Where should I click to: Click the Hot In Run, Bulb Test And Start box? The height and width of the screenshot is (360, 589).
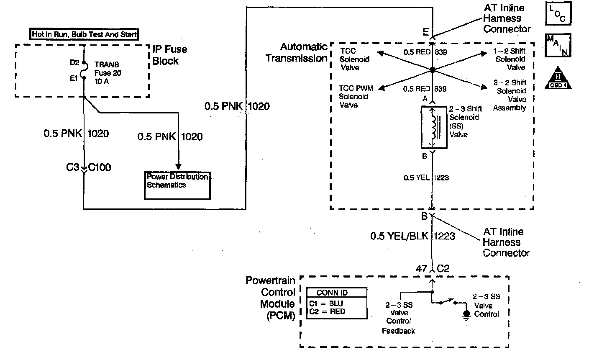point(85,34)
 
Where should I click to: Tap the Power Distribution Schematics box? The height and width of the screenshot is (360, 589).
point(177,185)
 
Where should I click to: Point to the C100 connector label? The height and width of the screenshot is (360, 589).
point(100,168)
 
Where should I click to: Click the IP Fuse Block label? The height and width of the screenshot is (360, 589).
point(170,55)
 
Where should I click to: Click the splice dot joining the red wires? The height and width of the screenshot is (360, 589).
point(433,70)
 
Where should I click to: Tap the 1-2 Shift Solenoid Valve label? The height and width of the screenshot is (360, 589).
point(510,59)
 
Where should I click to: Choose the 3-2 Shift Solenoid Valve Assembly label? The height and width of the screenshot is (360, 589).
point(510,95)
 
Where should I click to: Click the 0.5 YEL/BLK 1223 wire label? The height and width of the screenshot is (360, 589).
point(412,236)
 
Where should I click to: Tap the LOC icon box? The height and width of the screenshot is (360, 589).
point(558,13)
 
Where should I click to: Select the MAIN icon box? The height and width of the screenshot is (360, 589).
point(558,45)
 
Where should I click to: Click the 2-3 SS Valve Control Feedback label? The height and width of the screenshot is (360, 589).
point(399,318)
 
